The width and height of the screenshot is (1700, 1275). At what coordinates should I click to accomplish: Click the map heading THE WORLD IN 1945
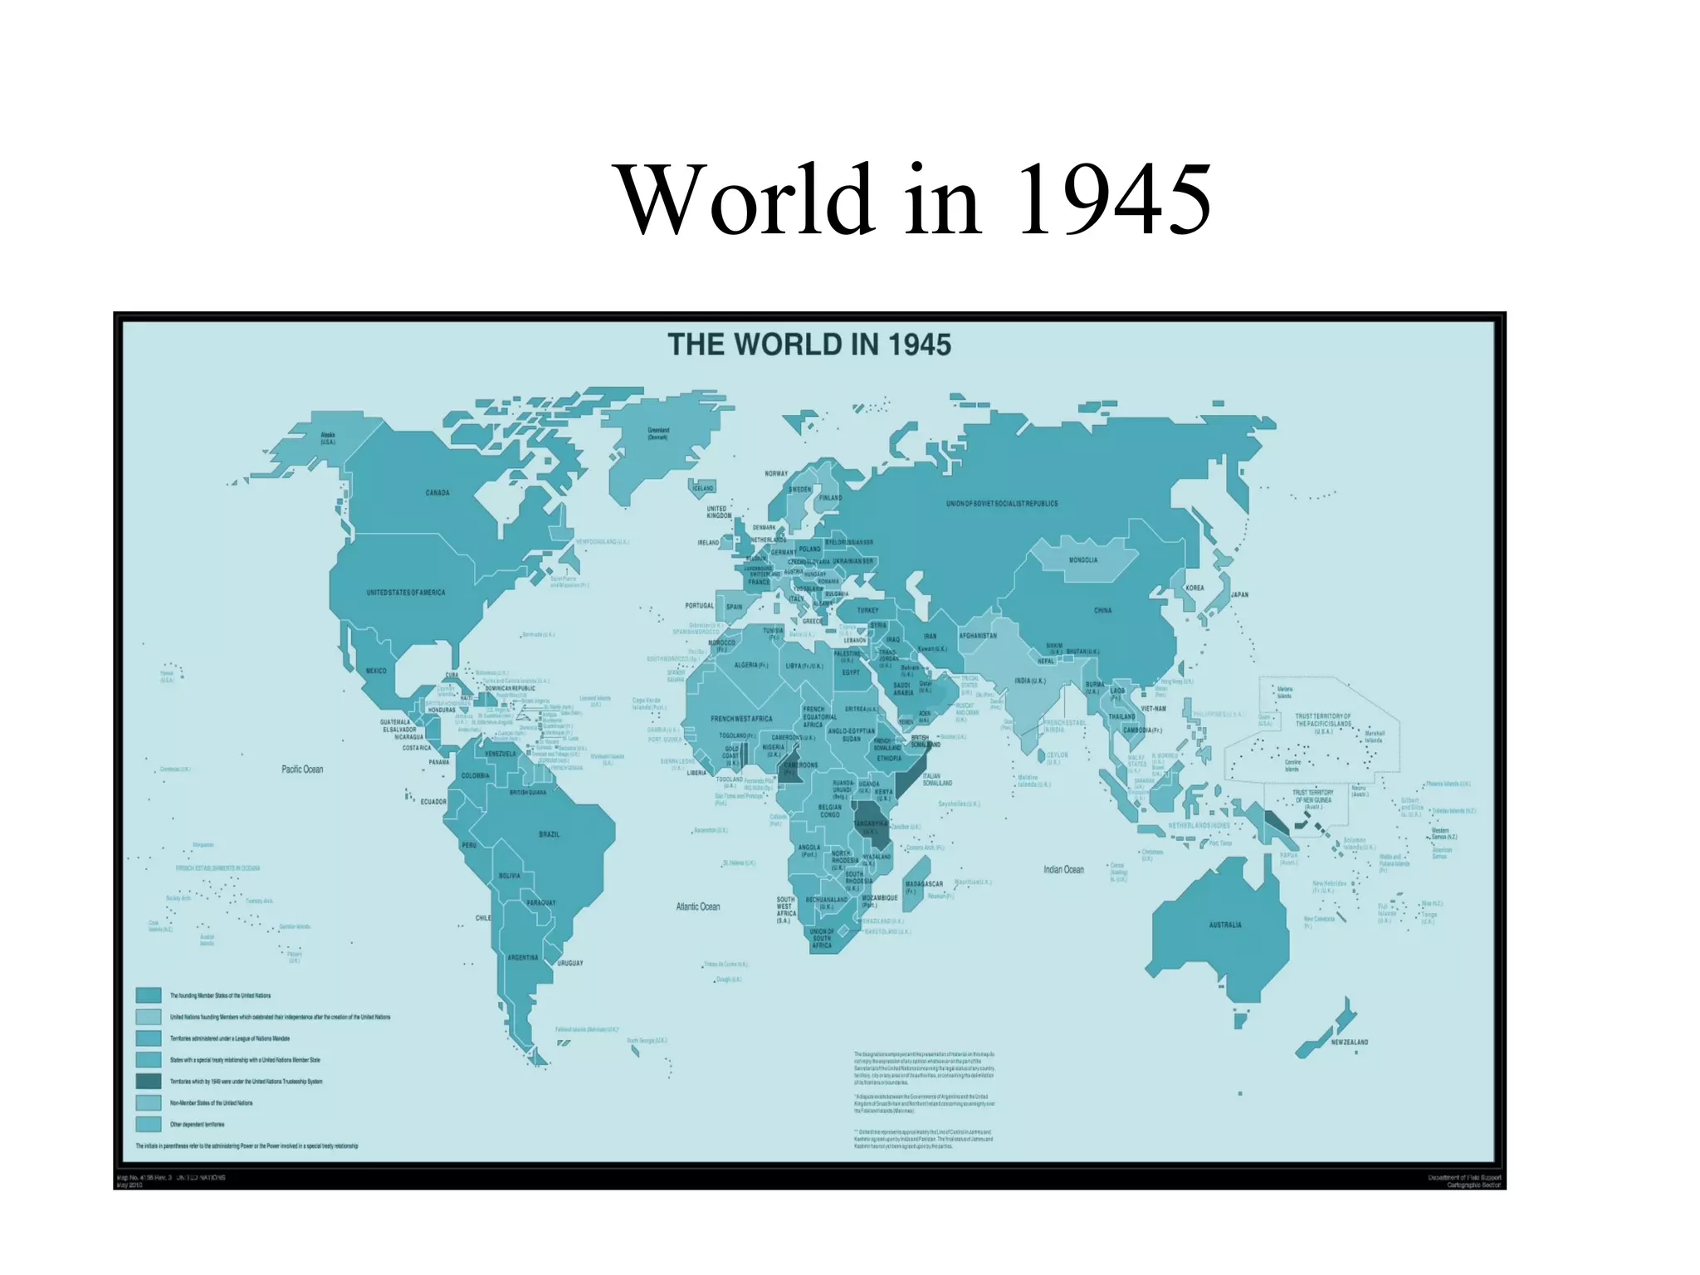click(809, 344)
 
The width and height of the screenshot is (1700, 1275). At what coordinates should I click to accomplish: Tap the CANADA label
click(437, 493)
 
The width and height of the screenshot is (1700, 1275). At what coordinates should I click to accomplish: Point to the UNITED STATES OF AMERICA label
click(406, 593)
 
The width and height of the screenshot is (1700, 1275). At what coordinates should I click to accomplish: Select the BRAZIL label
click(550, 834)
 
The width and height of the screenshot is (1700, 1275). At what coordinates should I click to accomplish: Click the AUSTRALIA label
click(1225, 925)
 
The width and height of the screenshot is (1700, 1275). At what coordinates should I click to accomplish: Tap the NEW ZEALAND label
click(1350, 1042)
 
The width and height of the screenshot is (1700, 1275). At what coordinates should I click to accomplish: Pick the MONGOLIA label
click(1083, 560)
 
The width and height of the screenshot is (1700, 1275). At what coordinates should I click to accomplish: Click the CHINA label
click(1102, 610)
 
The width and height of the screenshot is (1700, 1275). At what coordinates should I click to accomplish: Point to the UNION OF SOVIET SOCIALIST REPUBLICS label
click(1002, 504)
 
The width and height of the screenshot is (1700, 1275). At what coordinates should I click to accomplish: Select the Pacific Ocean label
click(302, 769)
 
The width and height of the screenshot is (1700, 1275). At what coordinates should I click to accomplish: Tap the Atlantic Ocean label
click(697, 907)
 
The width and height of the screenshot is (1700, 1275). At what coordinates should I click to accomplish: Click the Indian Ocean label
click(1063, 870)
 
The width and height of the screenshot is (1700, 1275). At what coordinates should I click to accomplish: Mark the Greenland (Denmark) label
click(658, 433)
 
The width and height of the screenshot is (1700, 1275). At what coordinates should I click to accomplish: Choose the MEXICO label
click(376, 671)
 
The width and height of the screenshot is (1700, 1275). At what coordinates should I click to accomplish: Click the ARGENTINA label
click(523, 958)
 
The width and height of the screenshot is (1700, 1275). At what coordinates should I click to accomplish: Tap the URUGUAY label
click(570, 964)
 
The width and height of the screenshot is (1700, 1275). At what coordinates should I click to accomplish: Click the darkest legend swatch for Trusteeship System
click(149, 1082)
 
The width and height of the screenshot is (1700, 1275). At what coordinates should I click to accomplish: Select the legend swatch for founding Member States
click(149, 995)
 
